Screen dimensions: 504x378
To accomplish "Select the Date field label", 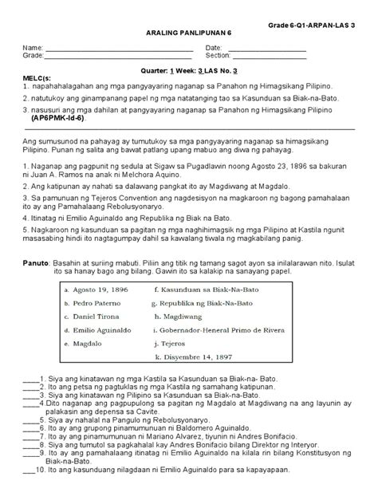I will click(214, 49).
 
